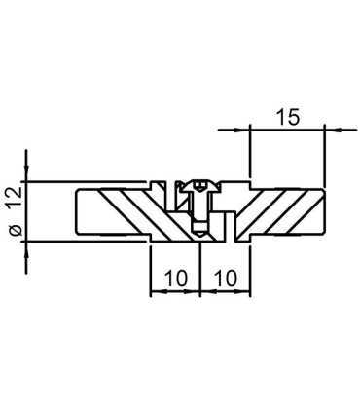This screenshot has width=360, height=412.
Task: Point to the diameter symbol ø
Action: point(14,230)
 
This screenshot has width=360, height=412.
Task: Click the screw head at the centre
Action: point(199,186)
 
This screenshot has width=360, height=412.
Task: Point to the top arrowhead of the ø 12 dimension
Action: point(27,173)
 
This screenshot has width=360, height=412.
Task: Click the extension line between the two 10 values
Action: point(199,268)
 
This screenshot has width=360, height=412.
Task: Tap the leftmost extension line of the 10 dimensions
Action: point(151,268)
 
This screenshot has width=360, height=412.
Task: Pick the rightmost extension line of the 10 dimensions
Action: point(249,268)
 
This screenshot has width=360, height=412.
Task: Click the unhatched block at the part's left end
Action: point(88,211)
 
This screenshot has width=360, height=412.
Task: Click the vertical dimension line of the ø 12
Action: point(27,210)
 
